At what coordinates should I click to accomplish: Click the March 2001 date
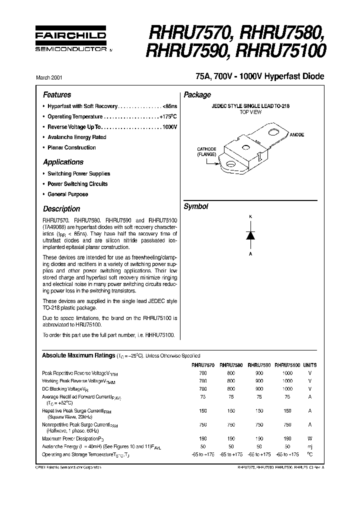pyautogui.click(x=49, y=78)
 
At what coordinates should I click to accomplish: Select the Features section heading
pyautogui.click(x=57, y=95)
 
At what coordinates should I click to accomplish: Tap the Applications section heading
pyautogui.click(x=63, y=162)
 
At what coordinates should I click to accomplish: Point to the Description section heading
pyautogui.click(x=61, y=209)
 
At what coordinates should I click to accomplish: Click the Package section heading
pyautogui.click(x=197, y=95)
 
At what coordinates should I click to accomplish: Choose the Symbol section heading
pyautogui.click(x=196, y=206)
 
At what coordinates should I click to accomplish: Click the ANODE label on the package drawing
pyautogui.click(x=296, y=135)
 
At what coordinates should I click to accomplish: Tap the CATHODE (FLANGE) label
pyautogui.click(x=206, y=151)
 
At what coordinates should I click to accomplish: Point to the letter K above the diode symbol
pyautogui.click(x=250, y=216)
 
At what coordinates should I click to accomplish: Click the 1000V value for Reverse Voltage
pyautogui.click(x=169, y=127)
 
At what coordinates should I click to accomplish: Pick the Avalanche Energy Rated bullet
pyautogui.click(x=76, y=137)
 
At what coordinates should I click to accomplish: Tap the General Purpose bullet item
pyautogui.click(x=67, y=194)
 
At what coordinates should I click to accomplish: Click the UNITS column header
pyautogui.click(x=309, y=365)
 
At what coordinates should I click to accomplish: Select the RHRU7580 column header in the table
pyautogui.click(x=230, y=365)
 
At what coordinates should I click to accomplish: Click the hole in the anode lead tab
pyautogui.click(x=274, y=132)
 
